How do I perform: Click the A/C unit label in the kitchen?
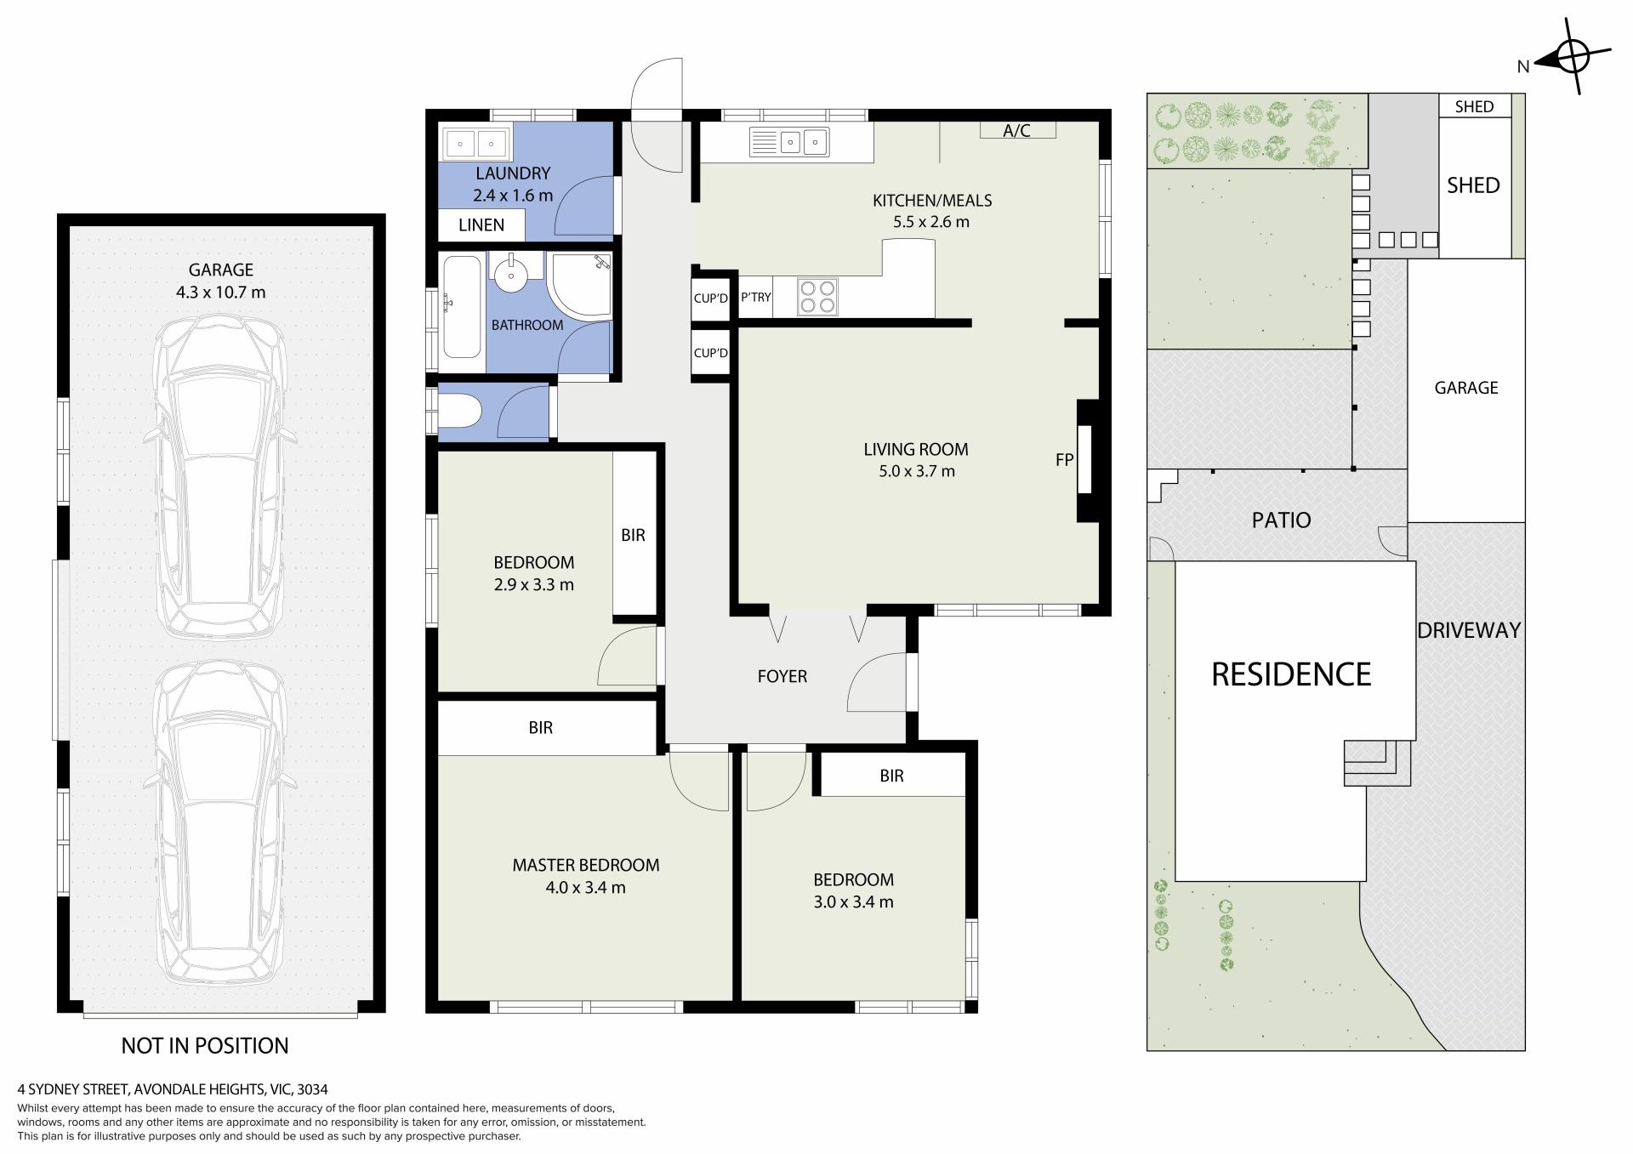(x=1016, y=130)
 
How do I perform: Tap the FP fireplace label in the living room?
(x=1064, y=459)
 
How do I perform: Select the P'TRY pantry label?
(x=755, y=297)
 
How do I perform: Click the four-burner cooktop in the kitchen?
(x=816, y=297)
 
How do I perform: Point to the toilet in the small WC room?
(x=459, y=413)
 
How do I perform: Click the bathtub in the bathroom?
(x=462, y=306)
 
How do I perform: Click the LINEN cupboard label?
(x=481, y=225)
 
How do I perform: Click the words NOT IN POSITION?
(x=205, y=1045)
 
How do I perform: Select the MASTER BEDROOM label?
(x=586, y=865)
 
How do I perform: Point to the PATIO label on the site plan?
(x=1281, y=520)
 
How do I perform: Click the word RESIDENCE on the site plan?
(x=1291, y=674)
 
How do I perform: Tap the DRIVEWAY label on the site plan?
(x=1469, y=630)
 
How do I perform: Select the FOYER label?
(x=782, y=676)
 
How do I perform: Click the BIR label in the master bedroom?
(x=541, y=727)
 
